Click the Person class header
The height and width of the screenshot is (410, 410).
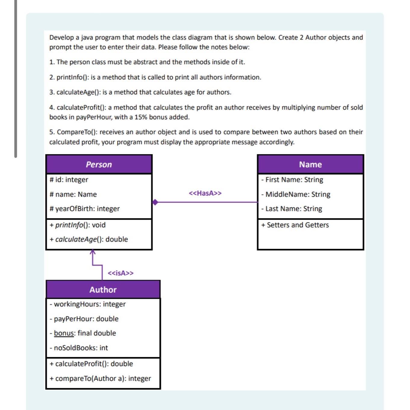click(x=99, y=164)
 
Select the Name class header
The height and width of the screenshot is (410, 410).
click(x=310, y=164)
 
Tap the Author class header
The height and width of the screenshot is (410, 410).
click(x=103, y=290)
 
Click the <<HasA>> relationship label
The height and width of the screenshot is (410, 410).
click(x=205, y=193)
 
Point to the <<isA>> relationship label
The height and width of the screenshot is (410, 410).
click(x=120, y=273)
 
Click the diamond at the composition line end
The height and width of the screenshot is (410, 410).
click(x=155, y=202)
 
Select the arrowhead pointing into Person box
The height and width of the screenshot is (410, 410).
click(x=93, y=252)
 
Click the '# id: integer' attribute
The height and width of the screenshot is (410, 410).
click(x=69, y=180)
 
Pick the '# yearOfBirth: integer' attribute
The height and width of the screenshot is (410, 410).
click(x=85, y=209)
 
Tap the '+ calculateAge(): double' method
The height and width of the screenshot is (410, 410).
click(x=89, y=239)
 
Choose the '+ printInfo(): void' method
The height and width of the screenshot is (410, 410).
click(x=78, y=225)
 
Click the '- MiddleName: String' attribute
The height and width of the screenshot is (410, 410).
click(x=296, y=194)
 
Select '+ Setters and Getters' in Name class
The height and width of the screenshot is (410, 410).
click(x=295, y=225)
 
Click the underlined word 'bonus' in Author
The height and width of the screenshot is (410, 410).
click(x=64, y=333)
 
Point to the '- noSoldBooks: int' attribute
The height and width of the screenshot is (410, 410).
click(x=79, y=348)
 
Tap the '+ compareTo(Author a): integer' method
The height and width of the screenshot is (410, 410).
click(x=100, y=378)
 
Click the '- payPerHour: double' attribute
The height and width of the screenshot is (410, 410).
click(x=84, y=319)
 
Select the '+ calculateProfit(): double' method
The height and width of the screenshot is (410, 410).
click(x=91, y=364)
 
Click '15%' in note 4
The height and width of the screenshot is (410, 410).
click(x=141, y=117)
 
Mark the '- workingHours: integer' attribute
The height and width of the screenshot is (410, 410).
click(x=88, y=304)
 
